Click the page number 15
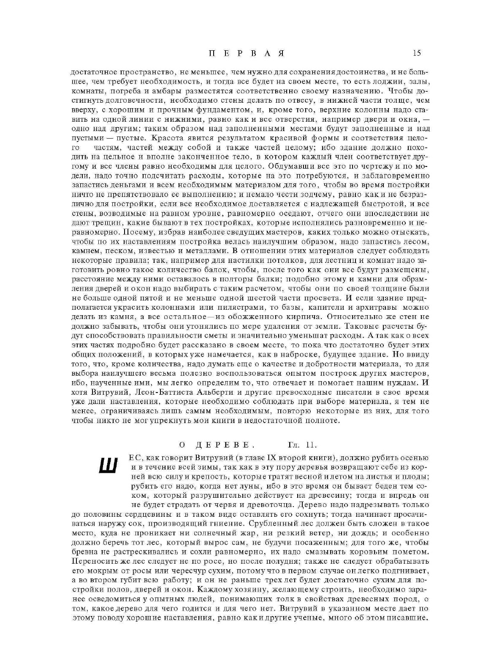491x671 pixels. coord(417,53)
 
